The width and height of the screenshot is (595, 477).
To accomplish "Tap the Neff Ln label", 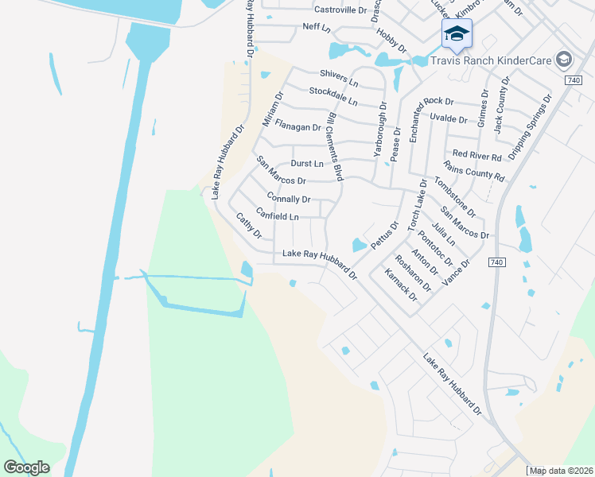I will click(x=316, y=27).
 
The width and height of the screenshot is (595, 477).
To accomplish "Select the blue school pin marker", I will click(x=457, y=34).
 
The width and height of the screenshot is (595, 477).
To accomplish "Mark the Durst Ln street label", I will click(x=307, y=163).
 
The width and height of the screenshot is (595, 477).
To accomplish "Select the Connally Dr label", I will click(x=289, y=198).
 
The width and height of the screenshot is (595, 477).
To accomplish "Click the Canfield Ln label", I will click(x=278, y=216).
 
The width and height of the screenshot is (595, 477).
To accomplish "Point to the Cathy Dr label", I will click(x=249, y=225).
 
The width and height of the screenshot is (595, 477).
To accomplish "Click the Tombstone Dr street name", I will click(x=454, y=197).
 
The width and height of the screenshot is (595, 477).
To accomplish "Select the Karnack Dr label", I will click(x=401, y=285).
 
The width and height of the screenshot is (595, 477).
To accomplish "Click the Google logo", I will click(x=26, y=467).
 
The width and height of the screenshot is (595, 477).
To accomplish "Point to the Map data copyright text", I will click(x=562, y=471).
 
